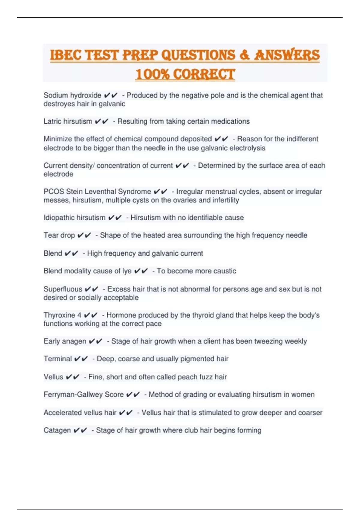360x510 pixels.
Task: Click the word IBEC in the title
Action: pos(65,55)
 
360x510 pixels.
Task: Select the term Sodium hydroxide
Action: pos(72,95)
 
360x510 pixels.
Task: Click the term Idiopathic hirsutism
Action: pos(74,217)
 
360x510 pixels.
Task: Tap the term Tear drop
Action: pos(59,235)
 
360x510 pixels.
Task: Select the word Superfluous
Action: pos(63,289)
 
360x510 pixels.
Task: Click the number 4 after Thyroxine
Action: pos(79,315)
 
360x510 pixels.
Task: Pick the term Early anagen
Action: pos(65,341)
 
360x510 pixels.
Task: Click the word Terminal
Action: pos(58,359)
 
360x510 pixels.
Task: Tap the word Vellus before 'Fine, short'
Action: pos(53,377)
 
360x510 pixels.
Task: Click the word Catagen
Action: pos(57,430)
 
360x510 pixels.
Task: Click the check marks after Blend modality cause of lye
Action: pos(141,271)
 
